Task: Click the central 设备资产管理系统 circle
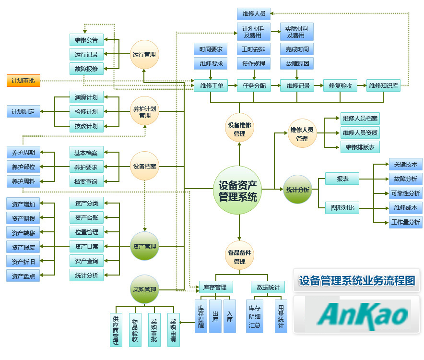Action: click(x=238, y=191)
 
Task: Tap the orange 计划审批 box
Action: click(x=23, y=81)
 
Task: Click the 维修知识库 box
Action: click(x=383, y=86)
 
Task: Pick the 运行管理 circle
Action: click(x=144, y=55)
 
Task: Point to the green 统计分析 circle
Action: click(x=297, y=190)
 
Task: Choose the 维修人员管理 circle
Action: click(x=302, y=134)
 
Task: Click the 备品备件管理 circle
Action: click(x=239, y=255)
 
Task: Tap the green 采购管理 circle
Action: click(x=144, y=289)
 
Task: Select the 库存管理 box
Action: click(x=216, y=287)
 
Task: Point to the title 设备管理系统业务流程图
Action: click(x=357, y=280)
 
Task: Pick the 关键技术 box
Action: click(x=405, y=164)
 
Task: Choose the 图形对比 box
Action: click(x=342, y=208)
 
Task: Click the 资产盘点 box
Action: click(x=23, y=276)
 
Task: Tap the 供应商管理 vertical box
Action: click(x=116, y=330)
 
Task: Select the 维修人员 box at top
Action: click(x=254, y=14)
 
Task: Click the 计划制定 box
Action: click(x=23, y=112)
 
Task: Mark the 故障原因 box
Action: click(x=297, y=63)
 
